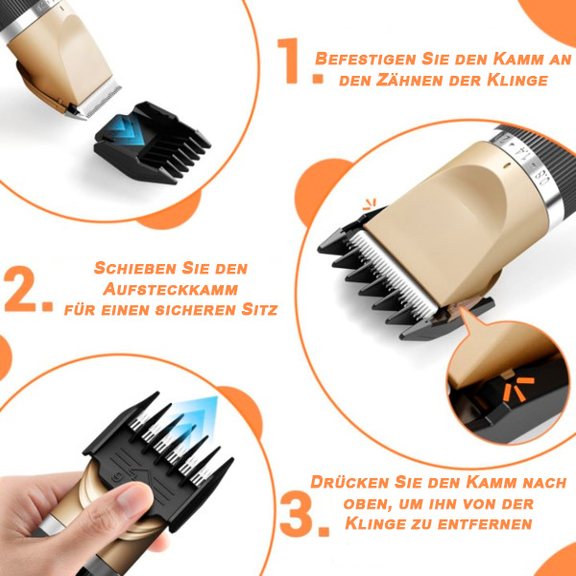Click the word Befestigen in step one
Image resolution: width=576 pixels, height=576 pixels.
coord(366,60)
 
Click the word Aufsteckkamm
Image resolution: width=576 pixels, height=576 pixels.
coord(171,289)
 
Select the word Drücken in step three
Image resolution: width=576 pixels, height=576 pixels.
coord(350,482)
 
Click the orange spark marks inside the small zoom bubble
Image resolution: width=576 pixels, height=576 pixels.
coord(518,389)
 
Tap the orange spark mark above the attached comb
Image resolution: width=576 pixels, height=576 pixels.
coord(370,204)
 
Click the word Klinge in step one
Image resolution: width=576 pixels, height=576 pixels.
coord(517,80)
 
